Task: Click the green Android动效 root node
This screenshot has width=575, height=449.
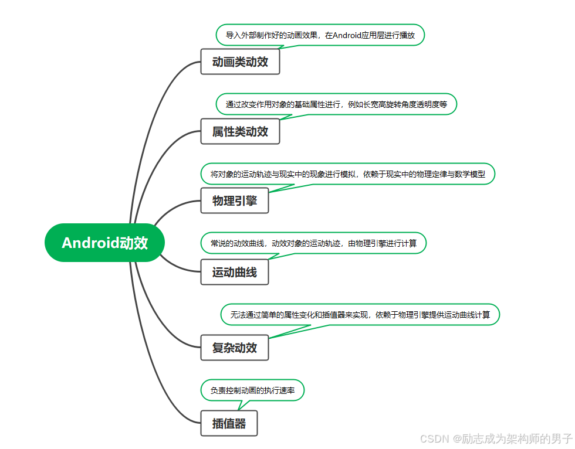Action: [104, 243]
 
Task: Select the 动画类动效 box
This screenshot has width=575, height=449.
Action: [240, 62]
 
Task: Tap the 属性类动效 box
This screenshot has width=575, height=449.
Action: [240, 131]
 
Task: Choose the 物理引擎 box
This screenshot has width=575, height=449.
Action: [234, 201]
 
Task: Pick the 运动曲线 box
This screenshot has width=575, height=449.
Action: [234, 272]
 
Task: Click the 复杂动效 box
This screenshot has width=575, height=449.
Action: [234, 348]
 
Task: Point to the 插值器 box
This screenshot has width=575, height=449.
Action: [229, 423]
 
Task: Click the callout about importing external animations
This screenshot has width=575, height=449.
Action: [320, 35]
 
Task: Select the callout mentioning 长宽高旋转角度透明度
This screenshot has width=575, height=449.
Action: [336, 104]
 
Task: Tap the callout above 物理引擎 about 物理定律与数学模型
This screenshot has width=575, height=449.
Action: [347, 174]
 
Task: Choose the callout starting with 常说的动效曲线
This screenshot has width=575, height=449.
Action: [313, 243]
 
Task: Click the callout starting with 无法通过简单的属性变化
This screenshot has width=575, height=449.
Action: [360, 315]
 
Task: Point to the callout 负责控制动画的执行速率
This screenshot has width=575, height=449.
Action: [252, 390]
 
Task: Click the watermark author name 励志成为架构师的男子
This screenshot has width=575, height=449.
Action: [516, 438]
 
